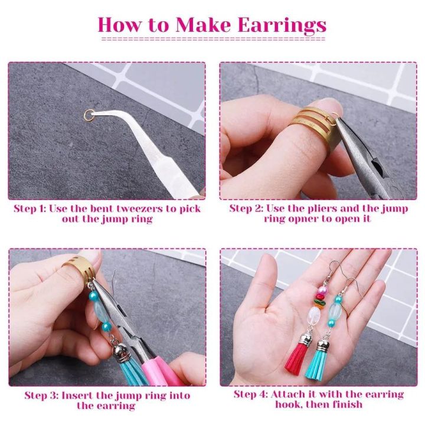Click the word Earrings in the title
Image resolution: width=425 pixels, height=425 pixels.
coord(282,25)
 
